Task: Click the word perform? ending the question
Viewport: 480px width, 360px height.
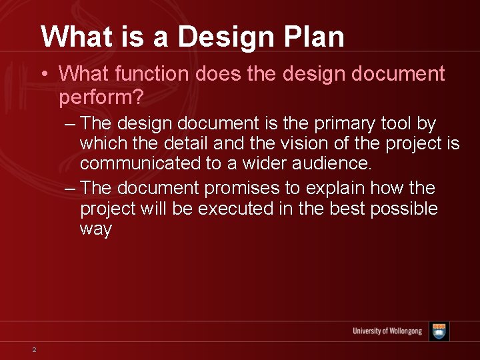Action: tap(101, 97)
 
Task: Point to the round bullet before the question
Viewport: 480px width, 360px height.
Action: tap(43, 74)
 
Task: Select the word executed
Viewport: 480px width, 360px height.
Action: tap(235, 209)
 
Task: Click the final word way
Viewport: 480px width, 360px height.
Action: tap(96, 229)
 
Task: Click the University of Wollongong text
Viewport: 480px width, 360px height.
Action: tap(387, 331)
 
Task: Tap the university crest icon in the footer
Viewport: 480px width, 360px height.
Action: tap(439, 331)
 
